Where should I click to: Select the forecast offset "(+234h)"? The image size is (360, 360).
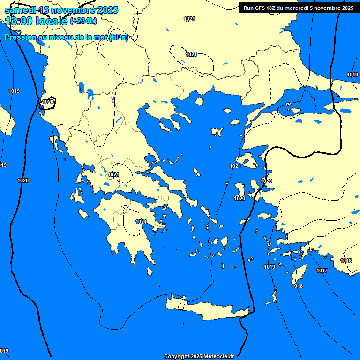[83, 21]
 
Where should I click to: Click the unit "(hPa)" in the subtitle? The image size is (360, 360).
[118, 37]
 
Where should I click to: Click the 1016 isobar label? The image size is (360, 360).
[346, 261]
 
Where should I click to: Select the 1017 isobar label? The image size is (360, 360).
[322, 270]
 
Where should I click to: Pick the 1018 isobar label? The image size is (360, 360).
[297, 286]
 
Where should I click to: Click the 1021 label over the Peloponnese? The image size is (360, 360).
[141, 222]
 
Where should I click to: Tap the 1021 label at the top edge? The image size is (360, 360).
[189, 19]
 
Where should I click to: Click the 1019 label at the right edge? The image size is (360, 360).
[352, 75]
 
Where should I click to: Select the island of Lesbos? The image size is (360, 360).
[247, 162]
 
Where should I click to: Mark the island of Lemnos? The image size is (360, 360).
[217, 132]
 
